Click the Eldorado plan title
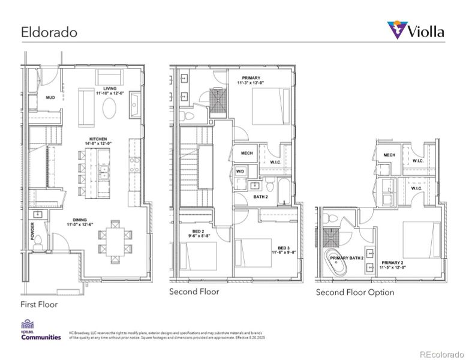(49, 32)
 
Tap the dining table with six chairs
(113, 239)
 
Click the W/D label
(240, 172)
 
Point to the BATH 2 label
(261, 196)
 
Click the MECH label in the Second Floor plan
(246, 153)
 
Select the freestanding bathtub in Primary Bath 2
(332, 263)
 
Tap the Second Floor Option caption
(355, 292)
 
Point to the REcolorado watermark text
(441, 353)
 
